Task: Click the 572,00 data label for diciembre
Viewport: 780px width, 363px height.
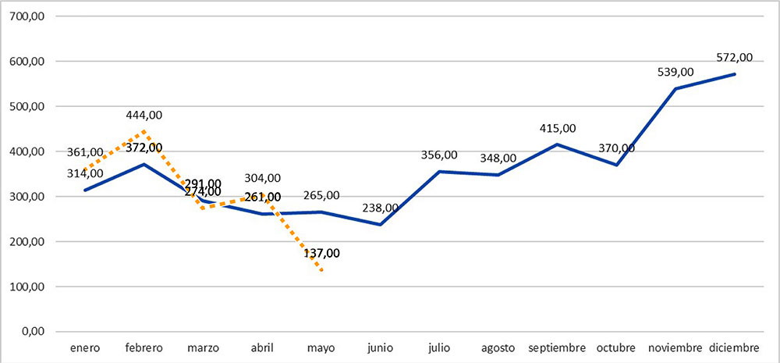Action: (734, 57)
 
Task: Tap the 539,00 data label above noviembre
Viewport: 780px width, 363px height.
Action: (675, 72)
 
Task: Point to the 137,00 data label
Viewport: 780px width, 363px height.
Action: (321, 253)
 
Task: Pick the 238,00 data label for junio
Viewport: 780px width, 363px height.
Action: (380, 208)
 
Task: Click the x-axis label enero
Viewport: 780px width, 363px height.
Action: (84, 347)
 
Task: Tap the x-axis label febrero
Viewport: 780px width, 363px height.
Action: (144, 347)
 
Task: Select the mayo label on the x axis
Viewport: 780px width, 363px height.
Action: (321, 347)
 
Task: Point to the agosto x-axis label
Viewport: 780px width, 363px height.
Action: (498, 347)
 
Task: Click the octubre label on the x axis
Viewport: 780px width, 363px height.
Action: (616, 347)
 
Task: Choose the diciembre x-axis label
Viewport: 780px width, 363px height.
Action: (735, 347)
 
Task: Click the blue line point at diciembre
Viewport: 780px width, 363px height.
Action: (735, 74)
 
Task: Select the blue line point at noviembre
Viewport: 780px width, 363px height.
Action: (675, 89)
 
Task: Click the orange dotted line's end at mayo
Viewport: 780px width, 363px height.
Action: (321, 270)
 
